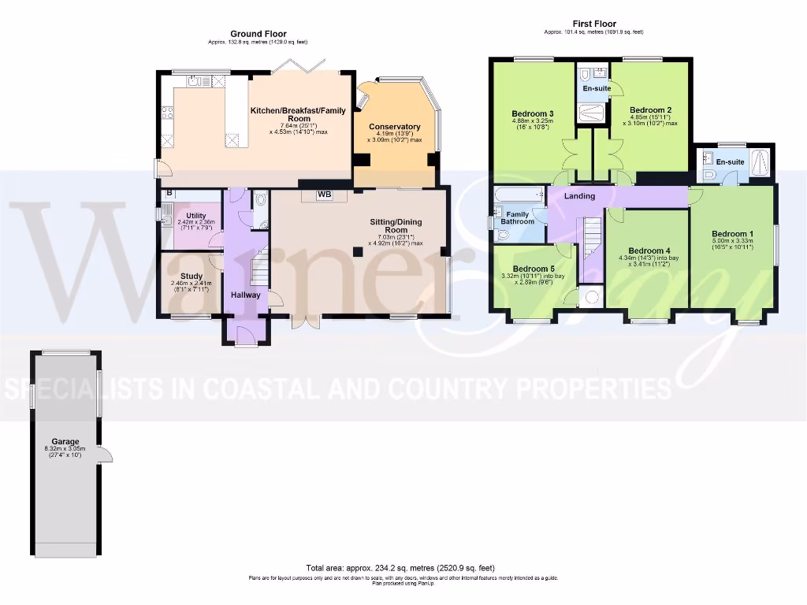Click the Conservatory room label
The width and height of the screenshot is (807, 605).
[394, 127]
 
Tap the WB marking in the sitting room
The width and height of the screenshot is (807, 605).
[325, 195]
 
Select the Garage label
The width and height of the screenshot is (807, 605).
[66, 442]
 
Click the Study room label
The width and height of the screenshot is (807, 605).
[192, 277]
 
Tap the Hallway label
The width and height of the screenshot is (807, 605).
[245, 295]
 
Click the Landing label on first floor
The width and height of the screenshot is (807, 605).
[579, 196]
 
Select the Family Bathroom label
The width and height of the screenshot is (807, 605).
[517, 217]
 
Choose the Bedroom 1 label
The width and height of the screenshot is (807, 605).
[732, 234]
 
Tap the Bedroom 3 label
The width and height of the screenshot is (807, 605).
[532, 113]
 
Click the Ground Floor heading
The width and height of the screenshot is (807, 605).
[258, 34]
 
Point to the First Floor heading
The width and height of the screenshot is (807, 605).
[593, 24]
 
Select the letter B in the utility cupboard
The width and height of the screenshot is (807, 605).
[168, 194]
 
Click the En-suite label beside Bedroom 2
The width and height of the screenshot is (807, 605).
[597, 89]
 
